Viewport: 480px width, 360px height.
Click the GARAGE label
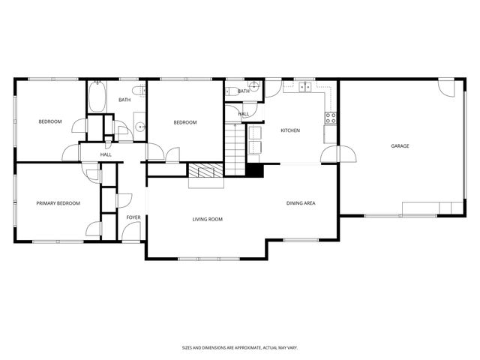tap(400, 145)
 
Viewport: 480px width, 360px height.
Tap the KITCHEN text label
tap(290, 130)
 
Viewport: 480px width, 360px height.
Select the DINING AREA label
tap(300, 203)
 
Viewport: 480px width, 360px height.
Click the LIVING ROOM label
tap(208, 219)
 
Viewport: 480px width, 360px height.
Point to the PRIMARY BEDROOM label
tap(58, 203)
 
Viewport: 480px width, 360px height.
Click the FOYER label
tap(133, 217)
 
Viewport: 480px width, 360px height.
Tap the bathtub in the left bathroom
tap(97, 97)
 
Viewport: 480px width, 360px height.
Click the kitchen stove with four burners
tap(330, 118)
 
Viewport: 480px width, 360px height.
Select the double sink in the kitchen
tap(306, 88)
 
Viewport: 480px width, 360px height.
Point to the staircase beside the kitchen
tap(235, 148)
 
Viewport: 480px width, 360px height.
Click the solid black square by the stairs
tap(256, 171)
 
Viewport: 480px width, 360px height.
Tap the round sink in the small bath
tap(253, 87)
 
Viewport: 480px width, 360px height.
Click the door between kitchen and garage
tap(330, 154)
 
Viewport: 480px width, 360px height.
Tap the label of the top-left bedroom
tap(50, 121)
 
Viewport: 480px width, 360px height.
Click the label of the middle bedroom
tap(184, 122)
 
